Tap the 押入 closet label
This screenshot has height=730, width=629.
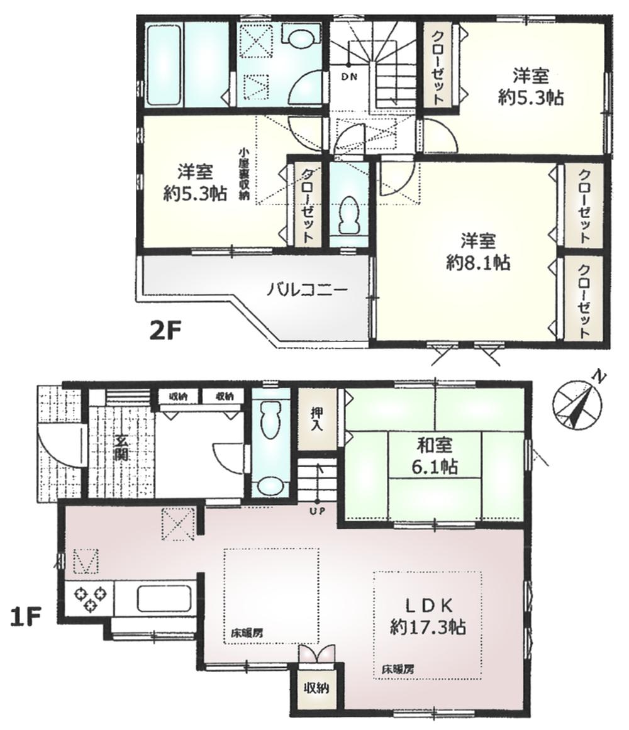(316, 419)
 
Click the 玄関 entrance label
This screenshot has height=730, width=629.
(120, 448)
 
